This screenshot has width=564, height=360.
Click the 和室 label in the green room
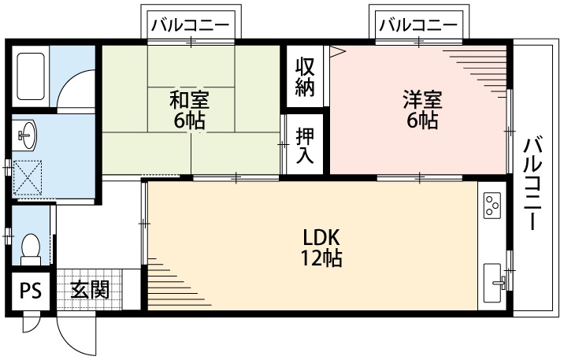(x=189, y=101)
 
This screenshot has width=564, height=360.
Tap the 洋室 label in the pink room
(x=423, y=101)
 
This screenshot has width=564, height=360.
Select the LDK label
(x=321, y=237)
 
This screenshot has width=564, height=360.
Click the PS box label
(x=31, y=291)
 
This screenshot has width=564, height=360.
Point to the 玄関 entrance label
(x=88, y=290)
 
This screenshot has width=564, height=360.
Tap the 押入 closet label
(x=305, y=146)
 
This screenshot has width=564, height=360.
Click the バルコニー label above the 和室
(x=191, y=24)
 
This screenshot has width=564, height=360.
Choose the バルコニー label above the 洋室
(x=417, y=24)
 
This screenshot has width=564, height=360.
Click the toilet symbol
(x=32, y=249)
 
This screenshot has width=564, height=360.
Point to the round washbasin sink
(x=28, y=133)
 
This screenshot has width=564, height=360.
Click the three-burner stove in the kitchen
(x=494, y=206)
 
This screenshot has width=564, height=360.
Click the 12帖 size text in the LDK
(x=321, y=258)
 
